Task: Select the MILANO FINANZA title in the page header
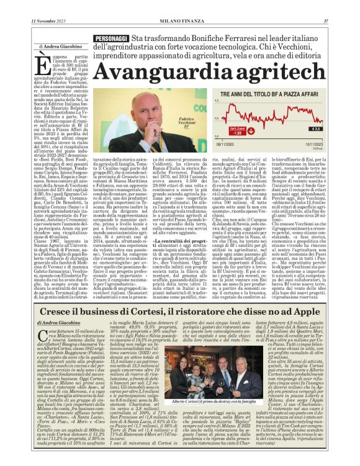(179, 20)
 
